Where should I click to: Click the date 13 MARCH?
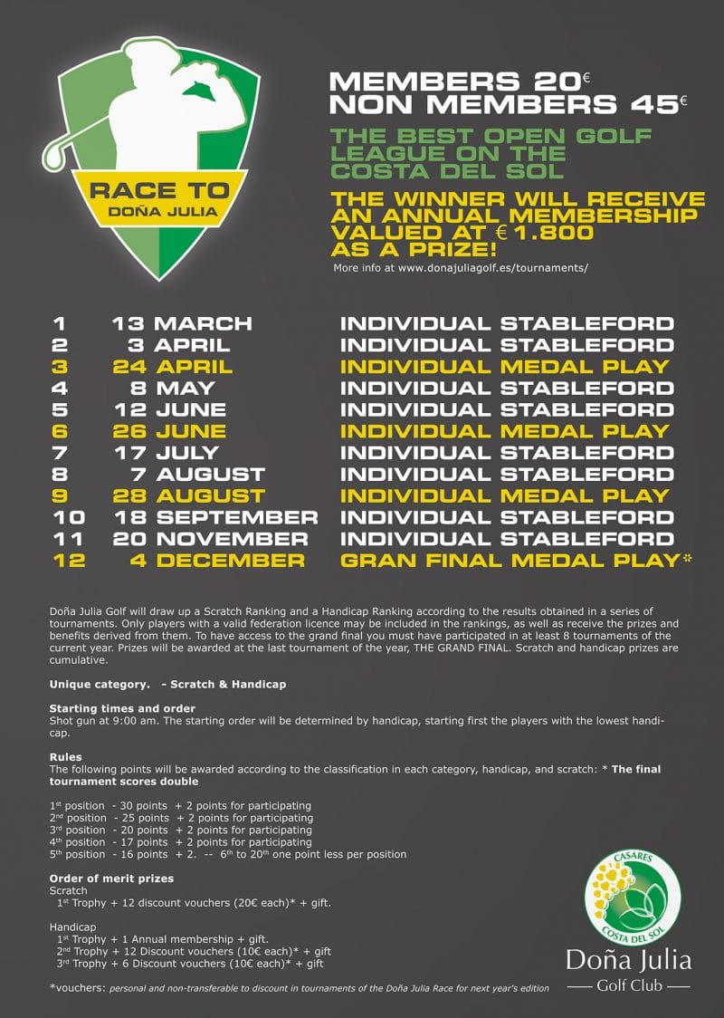(181, 323)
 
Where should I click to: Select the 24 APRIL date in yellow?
(173, 367)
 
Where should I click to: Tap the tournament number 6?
(60, 431)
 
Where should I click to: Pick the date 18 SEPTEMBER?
(215, 517)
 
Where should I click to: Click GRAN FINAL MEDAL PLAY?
(509, 561)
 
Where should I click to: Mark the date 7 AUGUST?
(196, 475)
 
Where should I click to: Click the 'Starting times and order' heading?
(122, 708)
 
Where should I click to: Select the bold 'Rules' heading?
(66, 757)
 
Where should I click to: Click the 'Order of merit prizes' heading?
(111, 879)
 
